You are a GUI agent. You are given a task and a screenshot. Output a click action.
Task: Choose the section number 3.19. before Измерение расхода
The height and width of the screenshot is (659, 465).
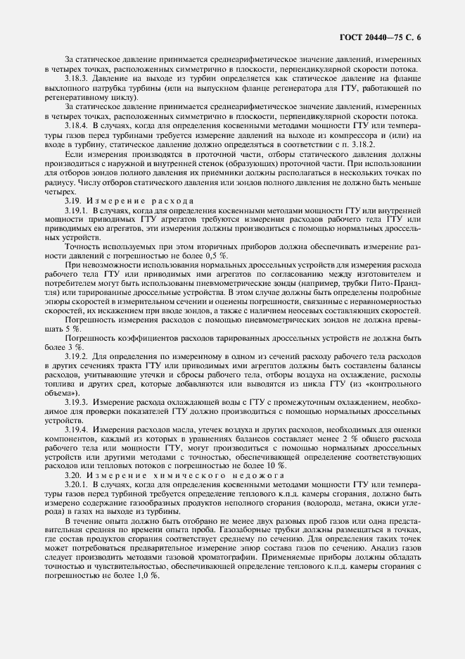pyautogui.click(x=74, y=201)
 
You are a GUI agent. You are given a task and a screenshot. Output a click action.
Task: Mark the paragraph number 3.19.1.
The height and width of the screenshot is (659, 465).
pyautogui.click(x=77, y=210)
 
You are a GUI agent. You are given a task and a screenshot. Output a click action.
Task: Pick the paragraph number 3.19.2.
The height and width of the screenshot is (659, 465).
pyautogui.click(x=77, y=356)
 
